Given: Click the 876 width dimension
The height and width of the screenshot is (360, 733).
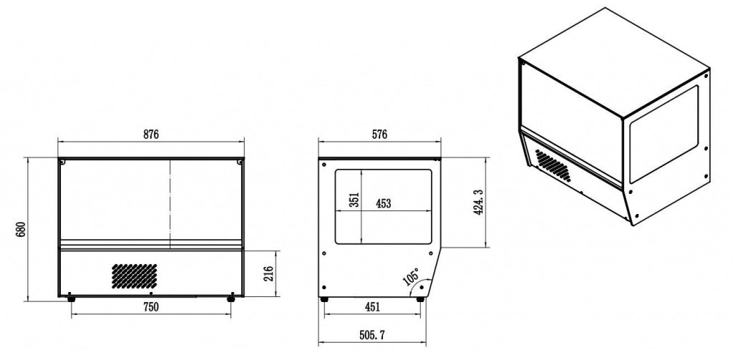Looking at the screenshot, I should coord(150,134).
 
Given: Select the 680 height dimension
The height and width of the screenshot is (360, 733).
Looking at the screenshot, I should coord(21,229).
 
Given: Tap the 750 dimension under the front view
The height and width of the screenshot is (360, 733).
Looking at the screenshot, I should coord(150,307).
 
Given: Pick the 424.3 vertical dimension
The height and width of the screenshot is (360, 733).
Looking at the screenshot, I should coord(477,202).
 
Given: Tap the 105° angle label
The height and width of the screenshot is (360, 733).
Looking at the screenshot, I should coord(412,278).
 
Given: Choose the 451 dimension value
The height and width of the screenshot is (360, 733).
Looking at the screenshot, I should coord(372,307).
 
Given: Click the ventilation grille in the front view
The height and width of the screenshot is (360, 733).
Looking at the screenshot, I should coord(134,274).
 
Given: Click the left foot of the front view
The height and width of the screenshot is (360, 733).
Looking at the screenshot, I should coord(70,298).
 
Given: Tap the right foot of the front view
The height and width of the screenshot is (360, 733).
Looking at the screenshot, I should coord(230,298).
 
